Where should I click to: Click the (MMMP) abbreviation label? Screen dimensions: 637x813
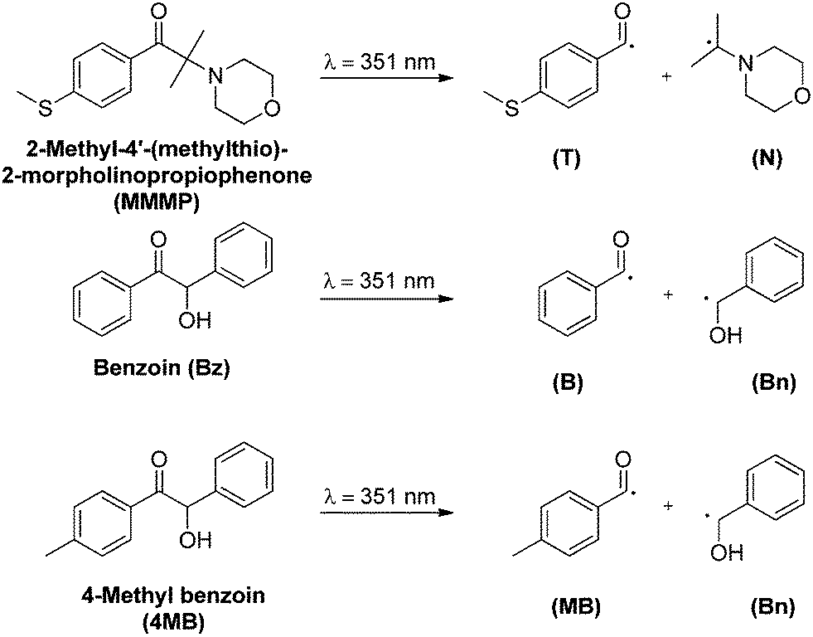click(x=157, y=202)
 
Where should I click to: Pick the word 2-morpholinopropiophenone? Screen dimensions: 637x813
click(x=157, y=177)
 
